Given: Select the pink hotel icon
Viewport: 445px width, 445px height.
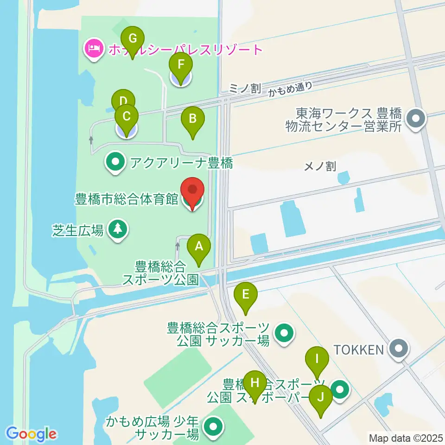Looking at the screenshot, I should pyautogui.click(x=94, y=49).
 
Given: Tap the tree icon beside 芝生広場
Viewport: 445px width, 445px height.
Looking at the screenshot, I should pyautogui.click(x=118, y=229).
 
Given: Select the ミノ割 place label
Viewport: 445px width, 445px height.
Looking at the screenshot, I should pyautogui.click(x=245, y=88).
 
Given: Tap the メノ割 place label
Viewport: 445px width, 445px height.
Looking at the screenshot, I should pyautogui.click(x=320, y=166).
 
